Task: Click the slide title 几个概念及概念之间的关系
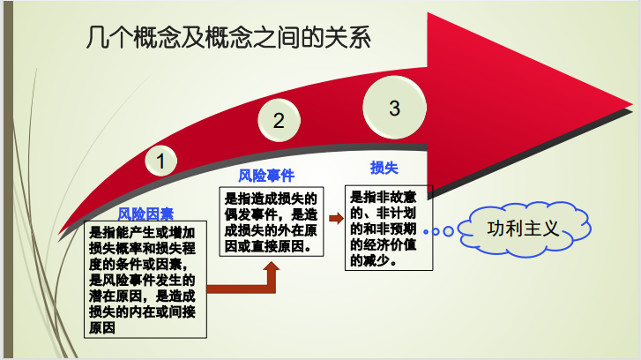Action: [x=228, y=38]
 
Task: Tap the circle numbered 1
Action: [x=160, y=161]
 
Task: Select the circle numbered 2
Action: [x=279, y=120]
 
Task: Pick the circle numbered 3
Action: [x=394, y=108]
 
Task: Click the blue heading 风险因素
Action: [x=145, y=214]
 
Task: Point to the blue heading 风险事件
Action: [x=266, y=176]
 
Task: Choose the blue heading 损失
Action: [x=384, y=168]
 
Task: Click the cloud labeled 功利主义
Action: [x=524, y=229]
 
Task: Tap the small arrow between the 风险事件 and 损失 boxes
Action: [x=336, y=219]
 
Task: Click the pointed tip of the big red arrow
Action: [x=631, y=105]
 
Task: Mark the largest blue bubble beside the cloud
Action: [x=449, y=231]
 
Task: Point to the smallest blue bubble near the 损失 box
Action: [x=426, y=231]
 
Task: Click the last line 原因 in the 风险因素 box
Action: [x=102, y=327]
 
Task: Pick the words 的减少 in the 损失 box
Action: [x=370, y=260]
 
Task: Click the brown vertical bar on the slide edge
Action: [x=8, y=180]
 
